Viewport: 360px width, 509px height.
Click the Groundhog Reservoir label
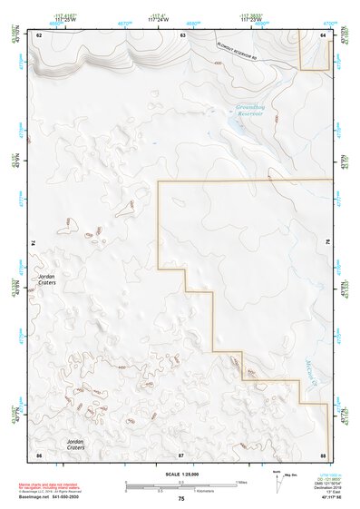coord(249,111)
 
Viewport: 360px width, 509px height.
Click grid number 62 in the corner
coord(39,34)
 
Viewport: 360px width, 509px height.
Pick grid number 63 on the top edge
coord(182,34)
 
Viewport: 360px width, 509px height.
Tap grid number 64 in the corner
coord(324,34)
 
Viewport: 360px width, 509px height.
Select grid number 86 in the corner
coord(39,453)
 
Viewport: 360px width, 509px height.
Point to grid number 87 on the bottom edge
coord(181,453)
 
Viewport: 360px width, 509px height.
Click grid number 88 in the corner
coord(324,453)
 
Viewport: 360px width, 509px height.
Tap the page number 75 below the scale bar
coord(181,499)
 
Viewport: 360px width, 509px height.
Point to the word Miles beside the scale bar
coord(242,481)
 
